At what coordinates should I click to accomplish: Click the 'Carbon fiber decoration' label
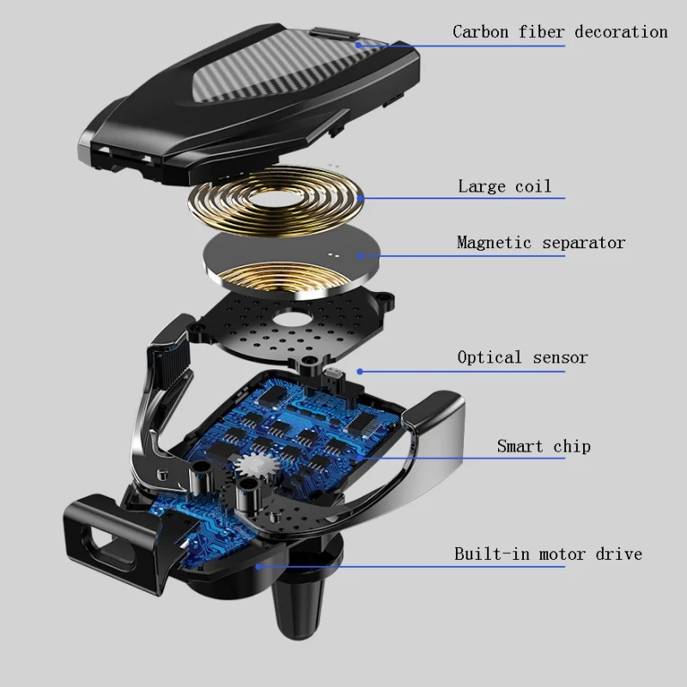(x=560, y=32)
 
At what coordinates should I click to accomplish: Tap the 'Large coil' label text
(x=504, y=186)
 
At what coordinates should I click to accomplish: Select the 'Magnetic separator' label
(x=541, y=243)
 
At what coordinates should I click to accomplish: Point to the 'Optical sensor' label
(x=522, y=357)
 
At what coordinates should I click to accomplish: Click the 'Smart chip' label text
(x=544, y=446)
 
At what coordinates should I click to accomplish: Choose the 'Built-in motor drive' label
(x=548, y=554)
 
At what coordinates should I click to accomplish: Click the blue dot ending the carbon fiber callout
(x=358, y=45)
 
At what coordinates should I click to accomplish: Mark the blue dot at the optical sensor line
(x=360, y=372)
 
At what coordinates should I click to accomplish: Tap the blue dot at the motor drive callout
(x=258, y=567)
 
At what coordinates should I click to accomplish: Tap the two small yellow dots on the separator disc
(x=333, y=254)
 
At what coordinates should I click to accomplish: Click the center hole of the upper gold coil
(x=275, y=200)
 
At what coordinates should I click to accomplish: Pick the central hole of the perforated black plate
(x=290, y=319)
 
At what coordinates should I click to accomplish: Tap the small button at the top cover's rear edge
(x=334, y=33)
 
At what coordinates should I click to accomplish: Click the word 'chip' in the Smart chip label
(x=572, y=446)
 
